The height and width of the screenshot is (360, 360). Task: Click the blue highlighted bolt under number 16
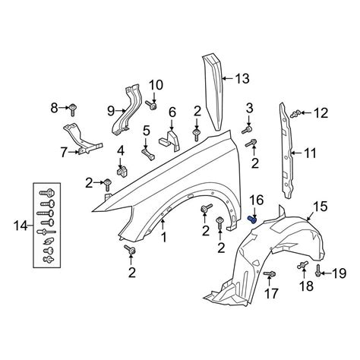(252, 219)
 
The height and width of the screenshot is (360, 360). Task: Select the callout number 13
(242, 79)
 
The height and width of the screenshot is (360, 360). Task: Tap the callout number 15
(321, 207)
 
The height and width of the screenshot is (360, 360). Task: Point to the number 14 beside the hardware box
(21, 226)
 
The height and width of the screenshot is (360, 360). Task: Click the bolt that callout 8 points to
(73, 109)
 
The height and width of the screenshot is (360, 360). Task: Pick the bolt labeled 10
(151, 105)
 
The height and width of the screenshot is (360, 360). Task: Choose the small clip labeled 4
(122, 172)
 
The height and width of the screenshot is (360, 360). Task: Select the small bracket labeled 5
(148, 154)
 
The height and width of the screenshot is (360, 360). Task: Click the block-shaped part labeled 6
(170, 141)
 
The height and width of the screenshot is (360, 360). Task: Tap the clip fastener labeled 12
(296, 114)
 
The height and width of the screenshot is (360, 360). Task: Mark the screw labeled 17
(270, 273)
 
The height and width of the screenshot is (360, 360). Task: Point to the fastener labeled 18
(303, 265)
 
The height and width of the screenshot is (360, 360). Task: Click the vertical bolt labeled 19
(318, 271)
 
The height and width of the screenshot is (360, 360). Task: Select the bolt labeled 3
(246, 130)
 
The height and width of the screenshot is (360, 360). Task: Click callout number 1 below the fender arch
(164, 238)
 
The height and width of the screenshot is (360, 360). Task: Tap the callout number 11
(310, 153)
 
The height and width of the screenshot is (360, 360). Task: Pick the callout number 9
(111, 111)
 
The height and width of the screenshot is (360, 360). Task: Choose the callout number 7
(65, 153)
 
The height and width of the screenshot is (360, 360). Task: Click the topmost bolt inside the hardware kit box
(47, 193)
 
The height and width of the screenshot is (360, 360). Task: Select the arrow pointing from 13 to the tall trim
(228, 79)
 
